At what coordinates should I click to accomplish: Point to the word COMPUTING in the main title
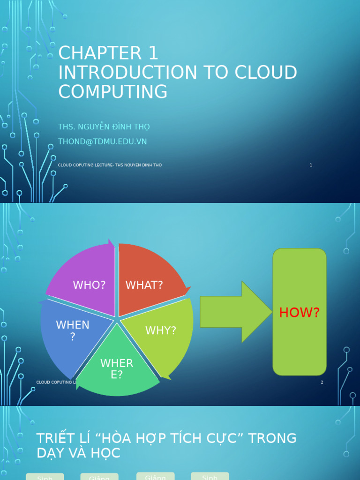[112, 92]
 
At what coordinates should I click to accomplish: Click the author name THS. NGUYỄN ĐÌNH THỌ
[104, 127]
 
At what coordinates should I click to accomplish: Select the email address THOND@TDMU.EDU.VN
[102, 142]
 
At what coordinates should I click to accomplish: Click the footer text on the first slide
[110, 165]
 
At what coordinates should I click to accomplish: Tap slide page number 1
[311, 165]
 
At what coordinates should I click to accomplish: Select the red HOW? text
[299, 313]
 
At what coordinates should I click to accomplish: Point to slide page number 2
[322, 382]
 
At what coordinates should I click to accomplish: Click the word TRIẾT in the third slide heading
[55, 438]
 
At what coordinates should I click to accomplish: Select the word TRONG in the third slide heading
[272, 438]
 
